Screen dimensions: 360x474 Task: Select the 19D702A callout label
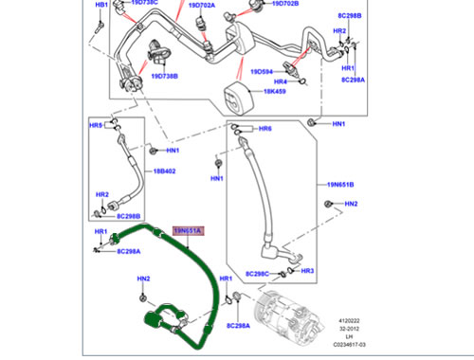pyautogui.click(x=201, y=5)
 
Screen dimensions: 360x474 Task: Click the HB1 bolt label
pyautogui.click(x=101, y=6)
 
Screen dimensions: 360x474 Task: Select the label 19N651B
pyautogui.click(x=338, y=185)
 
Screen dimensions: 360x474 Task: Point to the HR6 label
pyautogui.click(x=264, y=128)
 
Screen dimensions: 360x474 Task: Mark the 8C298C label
pyautogui.click(x=258, y=274)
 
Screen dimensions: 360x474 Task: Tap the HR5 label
pyautogui.click(x=96, y=125)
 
